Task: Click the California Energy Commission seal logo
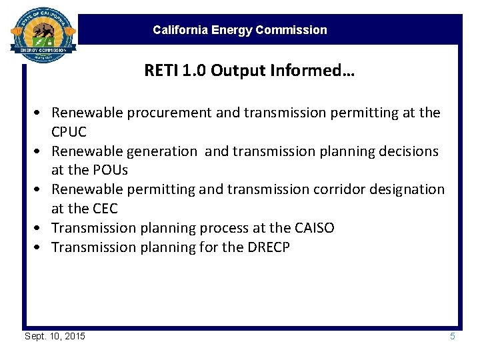[x=43, y=34]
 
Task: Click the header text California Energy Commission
[x=239, y=30]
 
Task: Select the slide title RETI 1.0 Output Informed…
[x=249, y=71]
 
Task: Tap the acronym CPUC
[x=69, y=132]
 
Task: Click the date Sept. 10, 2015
[x=55, y=336]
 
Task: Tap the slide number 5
[x=452, y=336]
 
